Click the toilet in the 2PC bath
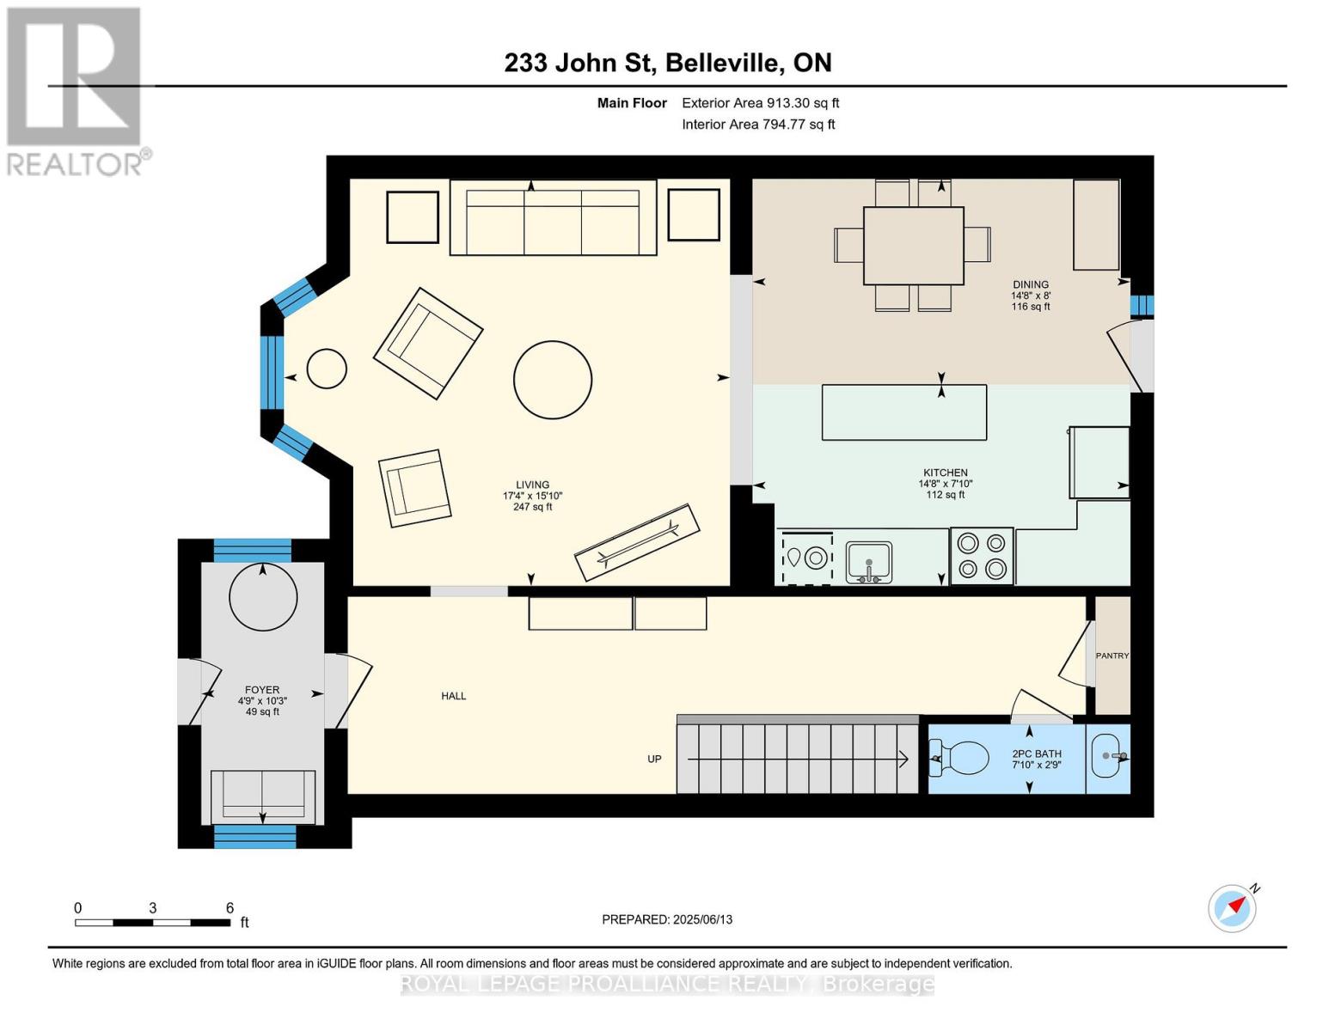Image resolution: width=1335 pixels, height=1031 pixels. pyautogui.click(x=963, y=759)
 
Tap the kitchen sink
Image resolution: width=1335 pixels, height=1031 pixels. pyautogui.click(x=869, y=562)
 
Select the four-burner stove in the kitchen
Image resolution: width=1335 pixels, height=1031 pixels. pyautogui.click(x=982, y=556)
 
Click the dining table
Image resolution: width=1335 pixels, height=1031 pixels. pyautogui.click(x=913, y=245)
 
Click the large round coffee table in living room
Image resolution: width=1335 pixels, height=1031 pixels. pyautogui.click(x=553, y=380)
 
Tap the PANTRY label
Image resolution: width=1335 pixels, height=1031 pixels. pyautogui.click(x=1111, y=656)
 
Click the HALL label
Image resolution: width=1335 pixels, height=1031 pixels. pyautogui.click(x=454, y=696)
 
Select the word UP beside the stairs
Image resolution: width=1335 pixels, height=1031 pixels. pyautogui.click(x=654, y=759)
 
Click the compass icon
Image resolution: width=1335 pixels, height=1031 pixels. pyautogui.click(x=1232, y=908)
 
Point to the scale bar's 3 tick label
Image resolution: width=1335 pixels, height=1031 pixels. pyautogui.click(x=152, y=908)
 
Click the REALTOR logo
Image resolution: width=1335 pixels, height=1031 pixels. pyautogui.click(x=75, y=90)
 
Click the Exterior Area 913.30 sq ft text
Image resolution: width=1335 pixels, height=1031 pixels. pyautogui.click(x=760, y=103)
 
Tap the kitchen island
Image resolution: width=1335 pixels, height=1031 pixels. pyautogui.click(x=903, y=412)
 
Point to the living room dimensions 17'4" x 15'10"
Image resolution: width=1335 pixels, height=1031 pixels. pyautogui.click(x=532, y=496)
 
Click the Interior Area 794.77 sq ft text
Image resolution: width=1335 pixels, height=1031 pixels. pyautogui.click(x=758, y=125)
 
